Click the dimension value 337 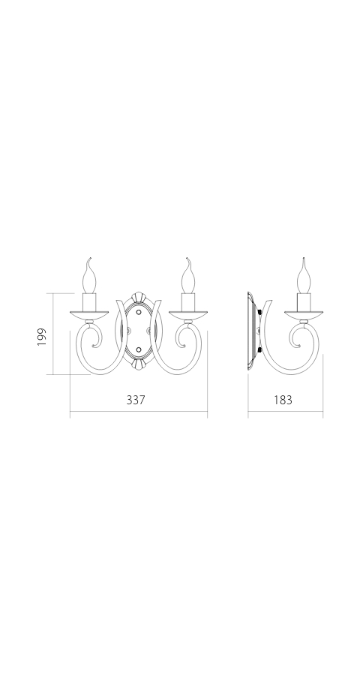(x=135, y=400)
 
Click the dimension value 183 (x=282, y=400)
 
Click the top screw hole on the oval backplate (x=138, y=307)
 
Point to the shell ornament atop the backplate (x=138, y=295)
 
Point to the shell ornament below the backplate (x=138, y=364)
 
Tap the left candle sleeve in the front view (x=88, y=303)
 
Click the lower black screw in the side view (x=261, y=350)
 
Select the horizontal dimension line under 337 (x=138, y=414)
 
